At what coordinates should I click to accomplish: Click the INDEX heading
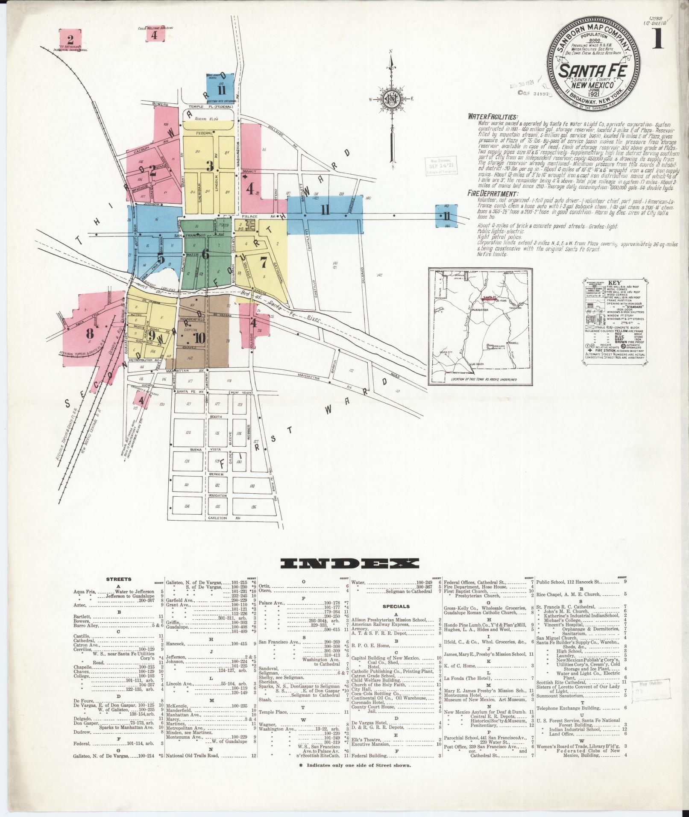point(350,564)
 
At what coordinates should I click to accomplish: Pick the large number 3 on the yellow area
point(209,166)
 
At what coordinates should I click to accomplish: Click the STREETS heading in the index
point(118,579)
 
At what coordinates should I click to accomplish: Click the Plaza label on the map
point(221,225)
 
